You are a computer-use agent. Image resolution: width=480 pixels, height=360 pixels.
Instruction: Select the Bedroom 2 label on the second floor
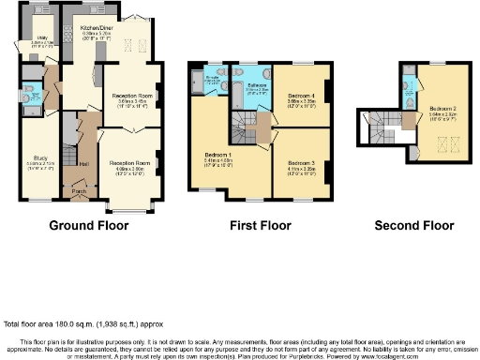click(441, 108)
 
